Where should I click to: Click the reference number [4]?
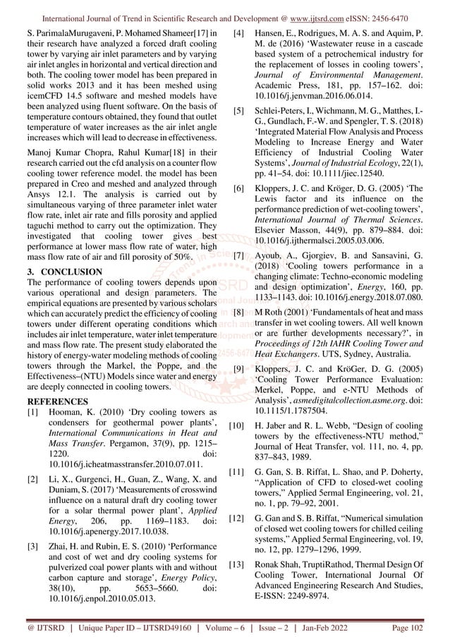point(240,33)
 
